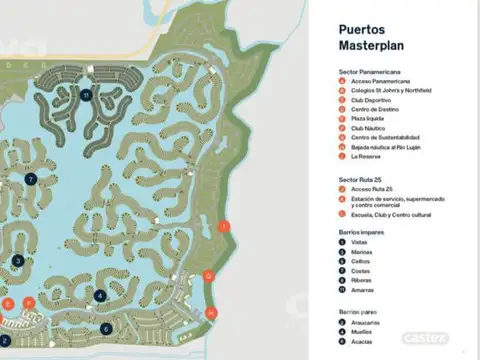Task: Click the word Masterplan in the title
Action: point(367,47)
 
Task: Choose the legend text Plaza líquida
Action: point(362,119)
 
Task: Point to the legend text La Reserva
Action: point(360,156)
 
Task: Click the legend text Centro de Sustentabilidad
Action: point(378,137)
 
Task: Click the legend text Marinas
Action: point(358,252)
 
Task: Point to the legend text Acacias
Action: point(358,342)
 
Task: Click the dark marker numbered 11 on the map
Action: point(87,95)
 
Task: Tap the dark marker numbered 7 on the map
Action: point(31,179)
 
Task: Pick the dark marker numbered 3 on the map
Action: point(18,261)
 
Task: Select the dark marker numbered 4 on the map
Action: point(100,295)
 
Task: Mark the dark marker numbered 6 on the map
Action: point(107,328)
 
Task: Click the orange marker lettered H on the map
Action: point(211,313)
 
